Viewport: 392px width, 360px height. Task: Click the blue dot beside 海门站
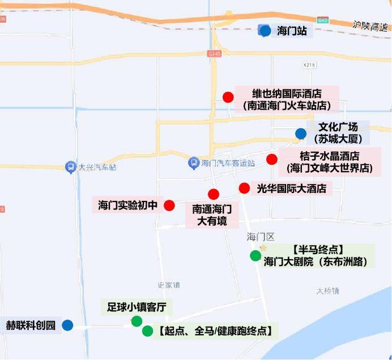click(x=265, y=31)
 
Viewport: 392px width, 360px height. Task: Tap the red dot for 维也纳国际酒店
click(x=228, y=97)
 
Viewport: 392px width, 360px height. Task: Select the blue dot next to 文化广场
click(x=300, y=134)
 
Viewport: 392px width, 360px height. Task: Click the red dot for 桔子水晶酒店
click(x=272, y=159)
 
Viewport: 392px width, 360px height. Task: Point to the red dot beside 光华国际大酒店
click(x=244, y=188)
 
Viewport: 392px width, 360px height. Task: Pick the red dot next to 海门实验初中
click(x=169, y=205)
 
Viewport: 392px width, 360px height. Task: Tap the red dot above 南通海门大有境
click(x=213, y=194)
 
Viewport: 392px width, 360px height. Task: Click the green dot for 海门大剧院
click(x=255, y=256)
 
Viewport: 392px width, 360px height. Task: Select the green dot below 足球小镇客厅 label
click(x=137, y=322)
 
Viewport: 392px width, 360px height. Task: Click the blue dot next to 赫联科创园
click(x=67, y=325)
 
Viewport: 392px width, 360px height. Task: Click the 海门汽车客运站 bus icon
click(x=194, y=163)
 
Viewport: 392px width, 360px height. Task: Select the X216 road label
click(x=309, y=65)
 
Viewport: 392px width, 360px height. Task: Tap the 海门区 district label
click(x=260, y=236)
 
